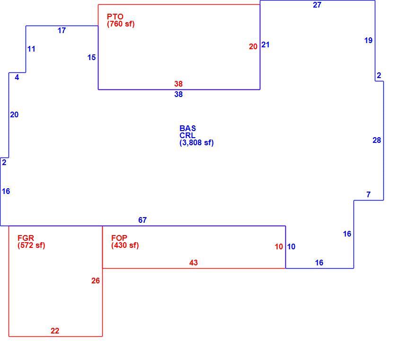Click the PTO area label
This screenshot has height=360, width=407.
pyautogui.click(x=115, y=17)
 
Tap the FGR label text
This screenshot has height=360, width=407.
pyautogui.click(x=26, y=238)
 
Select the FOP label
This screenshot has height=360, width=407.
pyautogui.click(x=119, y=238)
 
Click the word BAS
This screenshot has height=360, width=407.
pyautogui.click(x=188, y=128)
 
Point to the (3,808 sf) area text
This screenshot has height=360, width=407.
pyautogui.click(x=196, y=143)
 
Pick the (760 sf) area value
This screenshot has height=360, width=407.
pyautogui.click(x=121, y=24)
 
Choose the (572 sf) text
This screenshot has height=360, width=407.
pyautogui.click(x=31, y=245)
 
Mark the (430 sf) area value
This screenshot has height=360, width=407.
pyautogui.click(x=125, y=245)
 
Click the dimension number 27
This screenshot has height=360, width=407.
pyautogui.click(x=317, y=5)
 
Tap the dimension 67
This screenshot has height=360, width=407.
pyautogui.click(x=142, y=220)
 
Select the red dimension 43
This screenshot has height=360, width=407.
pyautogui.click(x=194, y=263)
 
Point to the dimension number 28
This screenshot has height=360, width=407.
pyautogui.click(x=377, y=140)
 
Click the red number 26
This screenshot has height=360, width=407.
pyautogui.click(x=96, y=281)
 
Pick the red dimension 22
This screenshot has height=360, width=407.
pyautogui.click(x=55, y=331)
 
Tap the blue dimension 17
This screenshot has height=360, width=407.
pyautogui.click(x=62, y=30)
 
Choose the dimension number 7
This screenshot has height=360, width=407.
pyautogui.click(x=368, y=194)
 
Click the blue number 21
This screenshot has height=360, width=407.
pyautogui.click(x=265, y=44)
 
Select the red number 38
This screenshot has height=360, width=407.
pyautogui.click(x=178, y=84)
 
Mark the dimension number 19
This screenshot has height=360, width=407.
pyautogui.click(x=368, y=40)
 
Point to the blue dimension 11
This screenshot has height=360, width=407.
pyautogui.click(x=31, y=49)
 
